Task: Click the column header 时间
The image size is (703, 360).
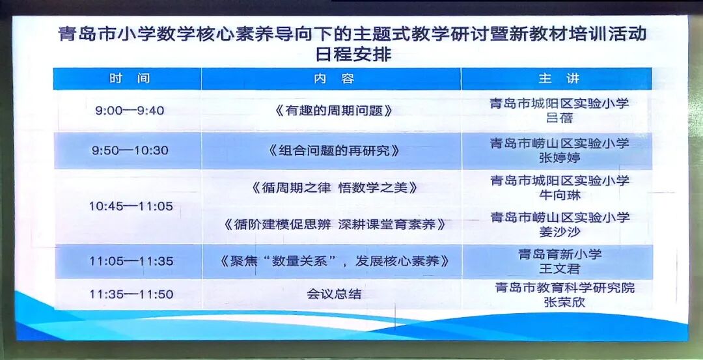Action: tap(129, 79)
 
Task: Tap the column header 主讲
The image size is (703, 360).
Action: tap(559, 79)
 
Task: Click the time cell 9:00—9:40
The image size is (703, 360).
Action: tap(130, 110)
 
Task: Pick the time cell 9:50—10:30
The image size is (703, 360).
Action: tap(130, 150)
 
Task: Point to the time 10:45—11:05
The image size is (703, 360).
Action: tap(130, 206)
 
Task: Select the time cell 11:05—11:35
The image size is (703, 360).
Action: tap(131, 261)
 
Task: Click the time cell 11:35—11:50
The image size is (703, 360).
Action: tap(131, 294)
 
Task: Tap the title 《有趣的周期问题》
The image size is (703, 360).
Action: tap(333, 111)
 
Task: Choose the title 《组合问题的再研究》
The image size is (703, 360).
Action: tap(334, 150)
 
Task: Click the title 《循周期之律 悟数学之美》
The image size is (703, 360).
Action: tap(335, 187)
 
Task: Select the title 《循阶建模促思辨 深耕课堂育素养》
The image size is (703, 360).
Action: tap(335, 224)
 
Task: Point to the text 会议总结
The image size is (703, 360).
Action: tap(334, 294)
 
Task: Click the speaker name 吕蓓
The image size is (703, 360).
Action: tap(560, 118)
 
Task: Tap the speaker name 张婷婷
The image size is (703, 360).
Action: tap(560, 158)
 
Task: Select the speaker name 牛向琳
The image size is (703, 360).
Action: tap(560, 195)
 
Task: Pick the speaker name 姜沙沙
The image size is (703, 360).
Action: tap(560, 231)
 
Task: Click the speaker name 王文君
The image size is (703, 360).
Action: tap(560, 269)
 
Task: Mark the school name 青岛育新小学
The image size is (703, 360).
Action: tap(560, 254)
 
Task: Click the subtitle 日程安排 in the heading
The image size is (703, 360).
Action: tap(353, 54)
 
